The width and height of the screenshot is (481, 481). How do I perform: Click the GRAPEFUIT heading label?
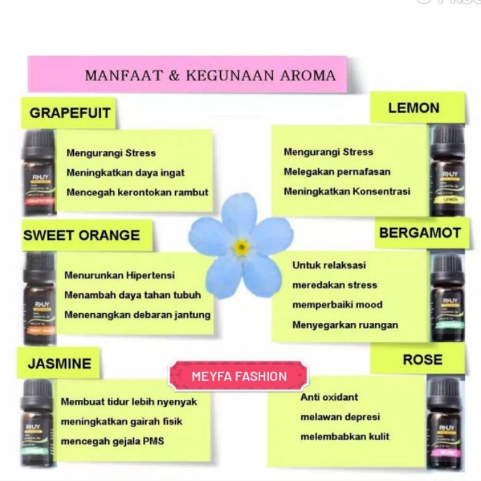point(70,113)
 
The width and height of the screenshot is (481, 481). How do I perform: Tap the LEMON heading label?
point(414,108)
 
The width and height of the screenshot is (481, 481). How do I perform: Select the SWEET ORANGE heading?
point(81,235)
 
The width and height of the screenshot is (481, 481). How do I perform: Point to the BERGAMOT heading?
point(420,233)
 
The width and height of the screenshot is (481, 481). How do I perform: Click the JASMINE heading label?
point(60,363)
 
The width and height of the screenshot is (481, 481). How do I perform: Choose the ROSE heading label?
point(422,360)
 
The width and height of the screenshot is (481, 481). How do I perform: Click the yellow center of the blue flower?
point(241,247)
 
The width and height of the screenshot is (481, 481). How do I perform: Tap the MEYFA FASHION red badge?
point(239,377)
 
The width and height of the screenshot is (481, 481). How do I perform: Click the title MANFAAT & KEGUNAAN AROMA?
point(210,76)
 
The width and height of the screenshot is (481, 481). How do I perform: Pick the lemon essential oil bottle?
point(447,171)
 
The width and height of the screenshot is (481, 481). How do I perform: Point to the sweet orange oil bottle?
point(40,299)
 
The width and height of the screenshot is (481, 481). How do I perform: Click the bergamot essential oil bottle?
point(447,298)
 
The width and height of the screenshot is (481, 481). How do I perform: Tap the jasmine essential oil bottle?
point(37,424)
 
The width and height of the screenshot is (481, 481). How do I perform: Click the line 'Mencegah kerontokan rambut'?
point(137,192)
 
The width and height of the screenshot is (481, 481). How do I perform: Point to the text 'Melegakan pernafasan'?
point(337,172)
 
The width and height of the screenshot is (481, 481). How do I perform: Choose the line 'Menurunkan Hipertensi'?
point(120,275)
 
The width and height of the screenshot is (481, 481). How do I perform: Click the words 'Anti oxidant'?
point(329,397)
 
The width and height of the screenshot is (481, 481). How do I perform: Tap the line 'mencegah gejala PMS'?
point(112,441)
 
